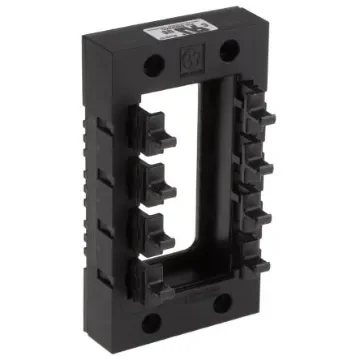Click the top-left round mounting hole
(x=153, y=66)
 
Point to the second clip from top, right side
(x=260, y=160)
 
